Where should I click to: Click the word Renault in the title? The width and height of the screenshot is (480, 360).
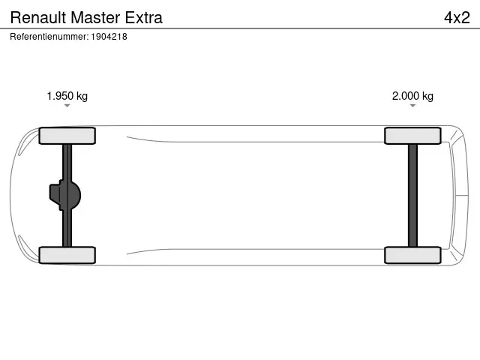(34, 17)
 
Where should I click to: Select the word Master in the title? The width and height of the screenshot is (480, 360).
(91, 17)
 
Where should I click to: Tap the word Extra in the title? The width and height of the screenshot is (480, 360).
(142, 17)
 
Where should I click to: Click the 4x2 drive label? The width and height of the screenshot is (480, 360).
(456, 17)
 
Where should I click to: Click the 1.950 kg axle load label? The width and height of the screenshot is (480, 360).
(67, 96)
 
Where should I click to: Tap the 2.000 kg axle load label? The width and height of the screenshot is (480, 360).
(412, 96)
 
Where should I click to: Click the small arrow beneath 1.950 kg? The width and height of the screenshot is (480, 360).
(67, 106)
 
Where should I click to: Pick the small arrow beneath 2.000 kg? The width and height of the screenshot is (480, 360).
(412, 106)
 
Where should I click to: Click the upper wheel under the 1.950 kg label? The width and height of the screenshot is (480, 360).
(67, 136)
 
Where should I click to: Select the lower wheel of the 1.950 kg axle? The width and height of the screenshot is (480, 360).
(67, 255)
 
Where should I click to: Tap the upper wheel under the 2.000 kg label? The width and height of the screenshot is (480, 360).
(412, 136)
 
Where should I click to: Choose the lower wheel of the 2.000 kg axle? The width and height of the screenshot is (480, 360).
(412, 255)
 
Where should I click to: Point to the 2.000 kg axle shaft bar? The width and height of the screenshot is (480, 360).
(412, 195)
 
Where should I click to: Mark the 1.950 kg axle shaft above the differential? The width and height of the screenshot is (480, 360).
(67, 161)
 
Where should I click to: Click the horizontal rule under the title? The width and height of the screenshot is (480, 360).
(240, 28)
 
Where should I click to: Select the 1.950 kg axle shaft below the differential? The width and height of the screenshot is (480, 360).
(67, 229)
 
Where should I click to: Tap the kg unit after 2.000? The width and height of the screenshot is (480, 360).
(427, 96)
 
